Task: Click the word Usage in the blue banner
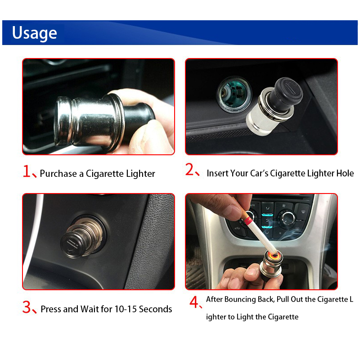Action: click(x=35, y=33)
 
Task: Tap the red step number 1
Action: click(x=27, y=171)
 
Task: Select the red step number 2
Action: click(x=189, y=170)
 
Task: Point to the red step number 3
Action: click(x=27, y=307)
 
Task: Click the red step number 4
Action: click(x=194, y=302)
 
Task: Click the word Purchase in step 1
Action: click(x=58, y=174)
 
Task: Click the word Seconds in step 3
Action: click(x=155, y=309)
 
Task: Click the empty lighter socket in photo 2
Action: click(x=234, y=94)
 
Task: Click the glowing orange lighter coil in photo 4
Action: click(x=274, y=255)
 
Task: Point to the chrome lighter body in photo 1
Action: click(x=90, y=121)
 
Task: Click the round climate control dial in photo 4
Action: click(x=288, y=218)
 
